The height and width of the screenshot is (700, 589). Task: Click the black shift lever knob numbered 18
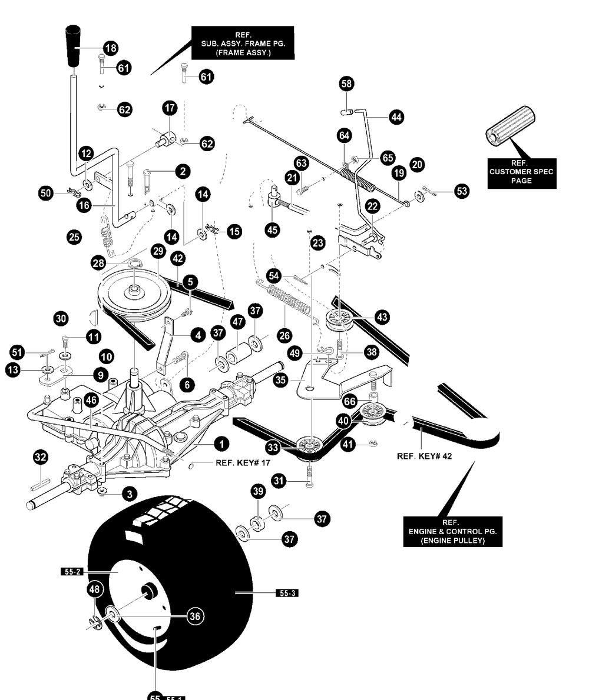pyautogui.click(x=72, y=45)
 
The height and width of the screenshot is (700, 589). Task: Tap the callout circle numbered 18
pyautogui.click(x=110, y=48)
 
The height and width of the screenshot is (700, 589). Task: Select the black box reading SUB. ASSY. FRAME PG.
pyautogui.click(x=243, y=43)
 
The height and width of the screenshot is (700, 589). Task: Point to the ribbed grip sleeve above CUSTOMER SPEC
pyautogui.click(x=510, y=125)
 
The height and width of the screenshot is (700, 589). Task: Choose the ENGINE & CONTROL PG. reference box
pyautogui.click(x=452, y=531)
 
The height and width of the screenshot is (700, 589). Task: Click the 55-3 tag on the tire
pyautogui.click(x=287, y=593)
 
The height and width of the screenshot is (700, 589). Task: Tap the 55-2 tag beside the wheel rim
pyautogui.click(x=71, y=571)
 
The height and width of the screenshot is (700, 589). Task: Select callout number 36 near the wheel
pyautogui.click(x=195, y=616)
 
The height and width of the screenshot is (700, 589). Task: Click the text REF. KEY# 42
pyautogui.click(x=424, y=456)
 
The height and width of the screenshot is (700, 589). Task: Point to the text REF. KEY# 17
pyautogui.click(x=243, y=462)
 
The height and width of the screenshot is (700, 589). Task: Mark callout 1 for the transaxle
pyautogui.click(x=221, y=444)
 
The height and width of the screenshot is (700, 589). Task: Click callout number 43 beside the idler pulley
pyautogui.click(x=382, y=317)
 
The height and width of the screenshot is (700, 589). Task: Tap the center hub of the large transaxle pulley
pyautogui.click(x=134, y=291)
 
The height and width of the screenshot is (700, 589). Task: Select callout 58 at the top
pyautogui.click(x=346, y=84)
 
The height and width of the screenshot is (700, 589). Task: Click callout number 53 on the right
pyautogui.click(x=462, y=191)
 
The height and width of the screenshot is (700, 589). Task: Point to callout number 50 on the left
pyautogui.click(x=46, y=193)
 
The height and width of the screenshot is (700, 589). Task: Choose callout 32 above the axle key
pyautogui.click(x=41, y=456)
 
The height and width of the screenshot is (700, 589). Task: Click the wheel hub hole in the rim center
pyautogui.click(x=150, y=592)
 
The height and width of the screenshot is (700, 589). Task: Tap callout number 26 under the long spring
pyautogui.click(x=284, y=335)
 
